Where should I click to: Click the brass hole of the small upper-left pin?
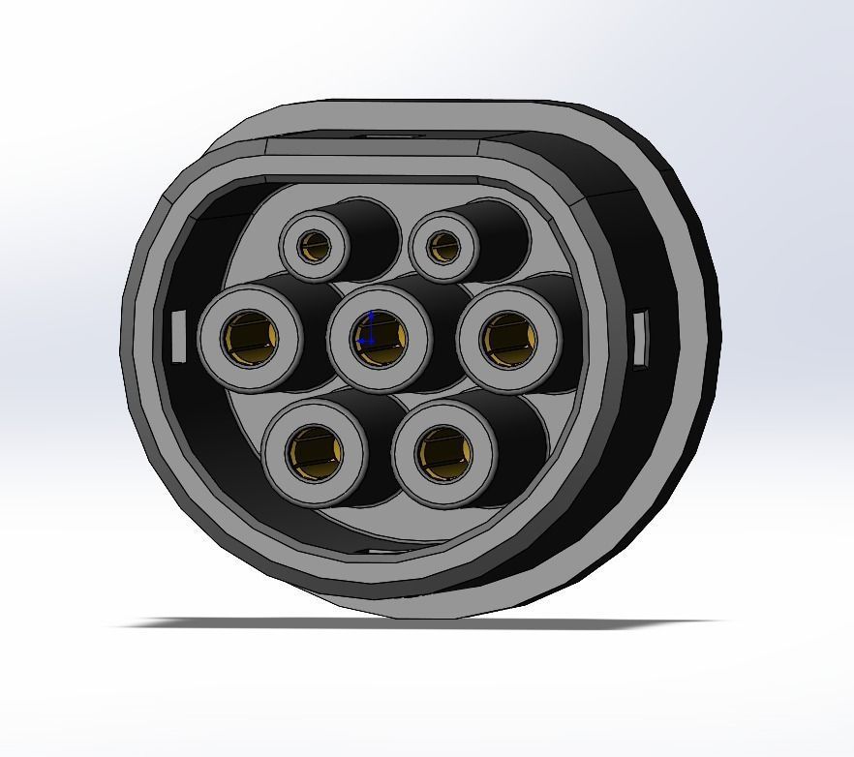314,248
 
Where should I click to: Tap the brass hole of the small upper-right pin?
444,248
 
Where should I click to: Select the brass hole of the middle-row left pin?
250,338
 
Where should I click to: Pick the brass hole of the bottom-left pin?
314,452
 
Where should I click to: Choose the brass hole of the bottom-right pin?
444,452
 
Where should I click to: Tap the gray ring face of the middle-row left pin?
215,358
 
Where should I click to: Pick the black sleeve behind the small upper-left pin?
373,232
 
